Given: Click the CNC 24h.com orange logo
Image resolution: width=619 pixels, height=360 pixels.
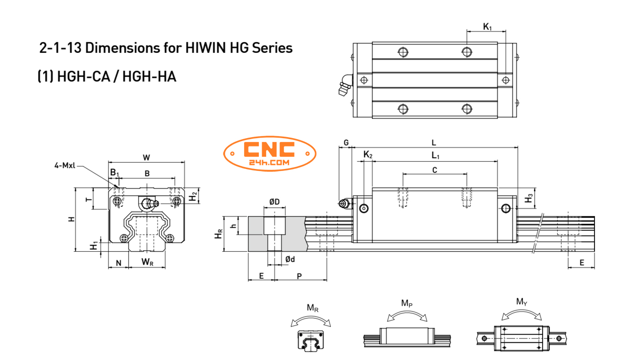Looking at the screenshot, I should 270,153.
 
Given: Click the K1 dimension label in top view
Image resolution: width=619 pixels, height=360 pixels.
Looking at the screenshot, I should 487,26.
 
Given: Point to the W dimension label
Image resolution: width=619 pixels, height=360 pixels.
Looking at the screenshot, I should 146,157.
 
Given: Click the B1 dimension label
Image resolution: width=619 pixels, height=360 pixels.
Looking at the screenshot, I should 114,173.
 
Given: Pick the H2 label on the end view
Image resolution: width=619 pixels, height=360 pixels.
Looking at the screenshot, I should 193,196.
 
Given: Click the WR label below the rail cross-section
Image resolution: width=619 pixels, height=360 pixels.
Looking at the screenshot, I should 148,262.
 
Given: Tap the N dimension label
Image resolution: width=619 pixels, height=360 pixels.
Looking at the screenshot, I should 119,263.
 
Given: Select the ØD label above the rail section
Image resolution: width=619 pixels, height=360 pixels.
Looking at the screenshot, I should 274,202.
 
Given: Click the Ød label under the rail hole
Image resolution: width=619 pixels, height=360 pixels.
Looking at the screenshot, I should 290,259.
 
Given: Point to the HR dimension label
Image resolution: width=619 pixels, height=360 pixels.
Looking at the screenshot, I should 218,235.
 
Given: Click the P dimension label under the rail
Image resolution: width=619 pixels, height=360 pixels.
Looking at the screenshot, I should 299,276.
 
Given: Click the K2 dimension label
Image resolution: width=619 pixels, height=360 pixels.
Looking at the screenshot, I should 368,155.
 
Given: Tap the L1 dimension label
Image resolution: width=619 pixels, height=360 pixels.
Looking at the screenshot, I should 435,155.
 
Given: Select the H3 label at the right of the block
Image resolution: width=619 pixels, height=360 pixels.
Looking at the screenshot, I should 528,199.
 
